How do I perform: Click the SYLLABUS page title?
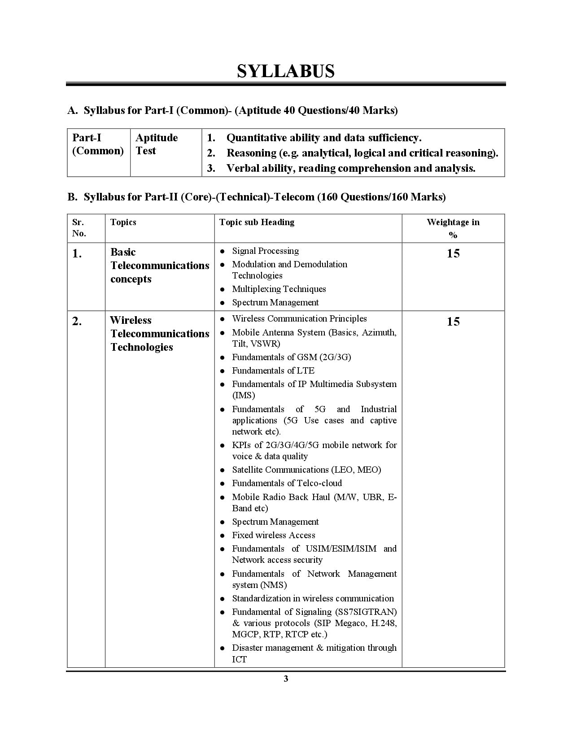point(286,71)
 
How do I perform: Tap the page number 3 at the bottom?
point(286,679)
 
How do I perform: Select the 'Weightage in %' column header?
point(453,228)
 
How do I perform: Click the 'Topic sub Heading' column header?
point(257,222)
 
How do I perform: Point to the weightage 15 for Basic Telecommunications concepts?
point(453,254)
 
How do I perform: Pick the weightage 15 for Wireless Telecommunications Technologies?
point(453,322)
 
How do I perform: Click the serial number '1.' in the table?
point(77,254)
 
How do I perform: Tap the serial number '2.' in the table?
point(77,322)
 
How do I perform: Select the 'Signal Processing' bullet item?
point(265,251)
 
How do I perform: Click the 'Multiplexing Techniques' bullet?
point(279,289)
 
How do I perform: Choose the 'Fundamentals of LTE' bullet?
point(273,371)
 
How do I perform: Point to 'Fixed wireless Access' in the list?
point(273,535)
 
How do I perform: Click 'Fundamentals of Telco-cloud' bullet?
point(287,483)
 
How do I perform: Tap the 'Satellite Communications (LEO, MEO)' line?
point(306,470)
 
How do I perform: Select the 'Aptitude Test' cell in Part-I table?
point(156,144)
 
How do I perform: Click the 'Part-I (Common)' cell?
point(97,144)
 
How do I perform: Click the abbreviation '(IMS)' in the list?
point(243,396)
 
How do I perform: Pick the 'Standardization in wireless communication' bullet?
point(313,599)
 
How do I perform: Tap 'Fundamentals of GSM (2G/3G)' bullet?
point(291,357)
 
